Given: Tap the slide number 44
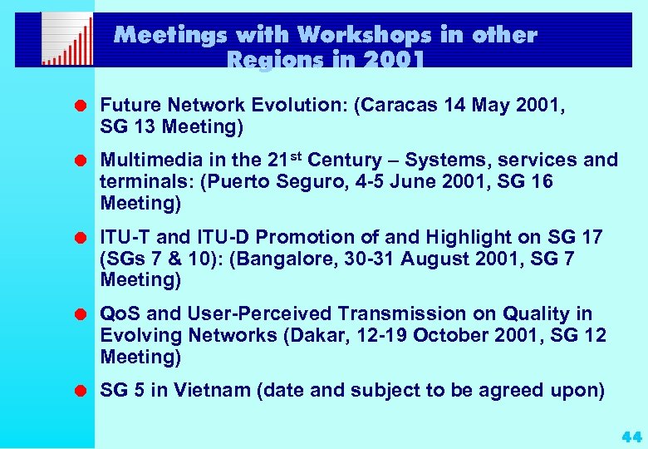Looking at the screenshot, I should click(x=631, y=436).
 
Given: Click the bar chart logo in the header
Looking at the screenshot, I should click(x=66, y=40).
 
